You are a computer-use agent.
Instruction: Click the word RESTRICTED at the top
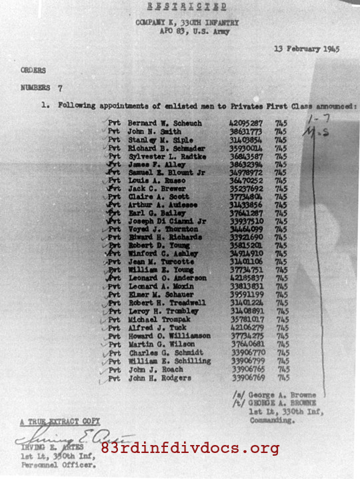(187, 7)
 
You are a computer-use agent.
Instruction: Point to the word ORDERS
(33, 70)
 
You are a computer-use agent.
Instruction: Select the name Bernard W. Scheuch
(165, 123)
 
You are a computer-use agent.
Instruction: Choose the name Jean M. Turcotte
(160, 262)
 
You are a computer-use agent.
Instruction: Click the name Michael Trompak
(157, 319)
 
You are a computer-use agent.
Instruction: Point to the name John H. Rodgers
(159, 378)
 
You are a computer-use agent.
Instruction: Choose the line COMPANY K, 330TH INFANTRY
(187, 23)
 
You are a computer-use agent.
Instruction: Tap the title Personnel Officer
(50, 466)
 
